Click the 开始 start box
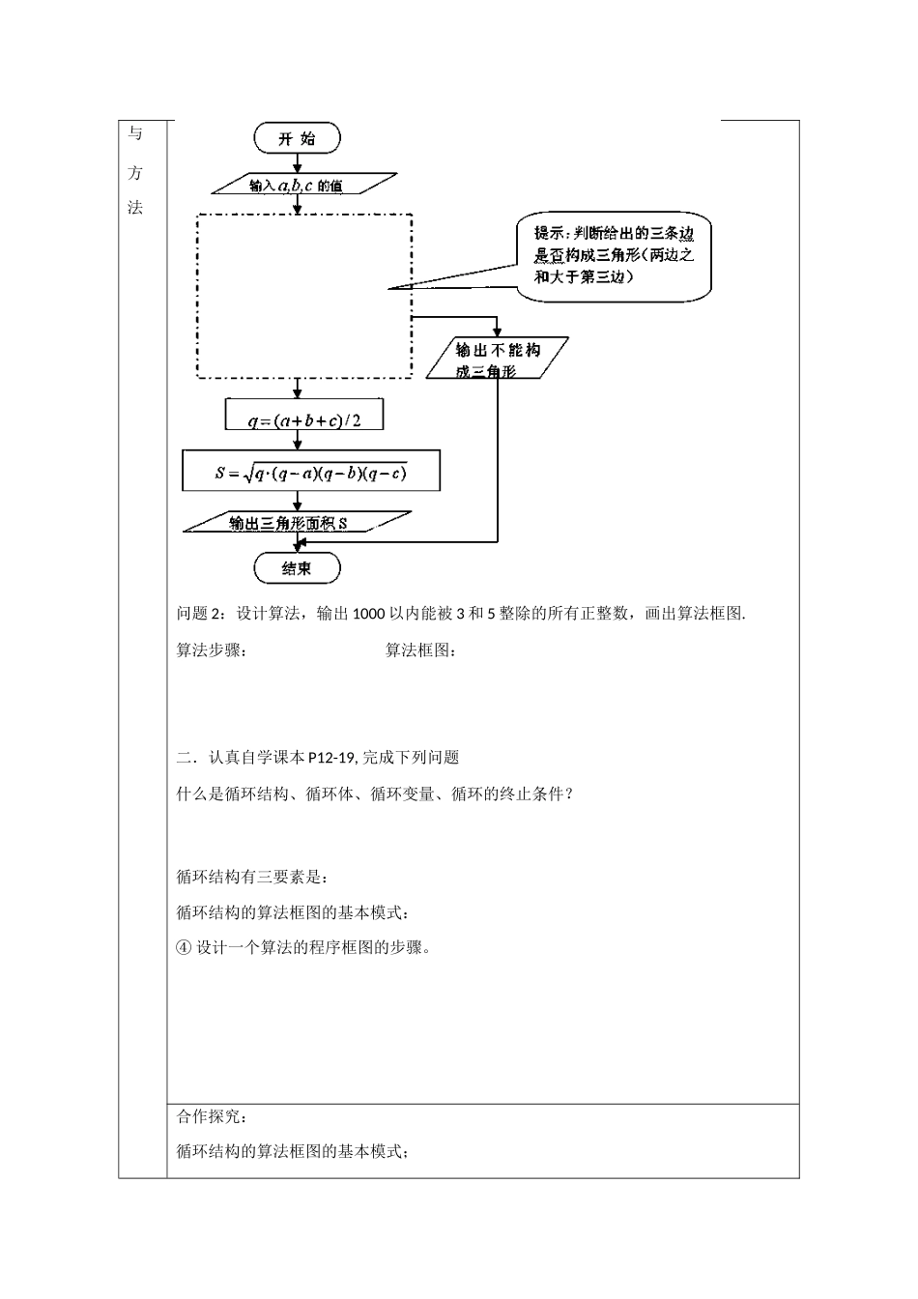297,139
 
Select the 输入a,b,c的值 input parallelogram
302,185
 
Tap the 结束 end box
297,568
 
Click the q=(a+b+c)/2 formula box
303,416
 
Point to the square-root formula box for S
310,472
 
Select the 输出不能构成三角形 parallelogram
497,359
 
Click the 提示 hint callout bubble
614,254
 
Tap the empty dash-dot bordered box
304,296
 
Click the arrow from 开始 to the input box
298,162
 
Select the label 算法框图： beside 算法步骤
421,650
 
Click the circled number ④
185,947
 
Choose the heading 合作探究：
212,1117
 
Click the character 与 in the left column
135,134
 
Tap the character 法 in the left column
135,208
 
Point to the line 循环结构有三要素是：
252,878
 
